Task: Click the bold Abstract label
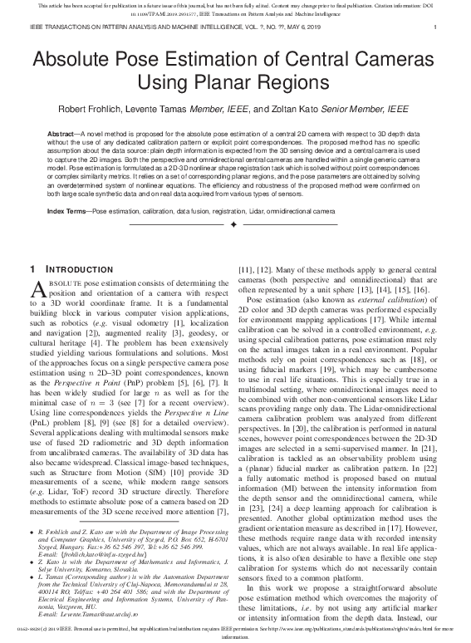(64, 133)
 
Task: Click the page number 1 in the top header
(436, 27)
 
